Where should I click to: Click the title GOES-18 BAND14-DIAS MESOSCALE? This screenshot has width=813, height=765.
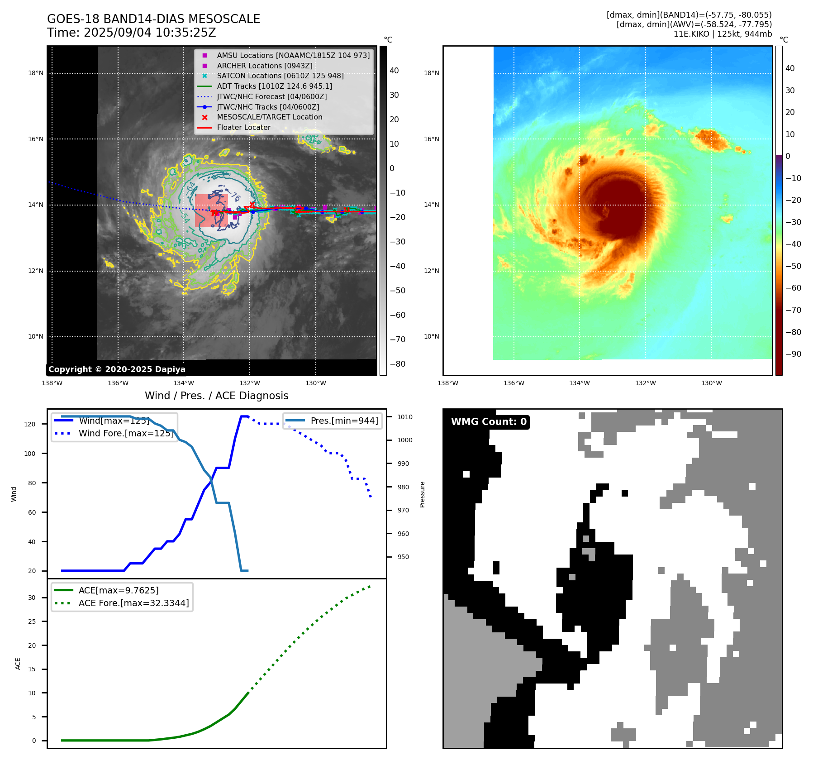(x=153, y=19)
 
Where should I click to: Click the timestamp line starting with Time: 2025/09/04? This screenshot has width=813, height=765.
(x=131, y=33)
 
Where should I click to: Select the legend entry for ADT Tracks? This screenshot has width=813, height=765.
(x=274, y=86)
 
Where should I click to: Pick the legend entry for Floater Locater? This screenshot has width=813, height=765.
(x=243, y=128)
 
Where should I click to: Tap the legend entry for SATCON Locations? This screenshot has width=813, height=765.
(x=280, y=76)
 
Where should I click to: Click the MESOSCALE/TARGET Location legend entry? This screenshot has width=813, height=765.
(x=269, y=117)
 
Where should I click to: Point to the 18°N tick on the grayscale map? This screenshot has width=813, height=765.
(x=36, y=73)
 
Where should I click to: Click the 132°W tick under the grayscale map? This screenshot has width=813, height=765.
(x=250, y=383)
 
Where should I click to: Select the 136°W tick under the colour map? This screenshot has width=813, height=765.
(x=514, y=383)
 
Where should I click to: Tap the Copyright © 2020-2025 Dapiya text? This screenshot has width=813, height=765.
(x=117, y=369)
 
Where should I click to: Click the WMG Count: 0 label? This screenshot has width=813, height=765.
(x=489, y=422)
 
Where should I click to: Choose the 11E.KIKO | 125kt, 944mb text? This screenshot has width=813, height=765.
(x=723, y=34)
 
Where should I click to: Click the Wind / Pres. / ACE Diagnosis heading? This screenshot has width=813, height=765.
(x=216, y=396)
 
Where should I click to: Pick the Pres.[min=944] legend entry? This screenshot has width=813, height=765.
(x=344, y=421)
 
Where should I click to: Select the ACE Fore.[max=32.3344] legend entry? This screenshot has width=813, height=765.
(x=133, y=603)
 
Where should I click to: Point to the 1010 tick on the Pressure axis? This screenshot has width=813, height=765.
(x=405, y=417)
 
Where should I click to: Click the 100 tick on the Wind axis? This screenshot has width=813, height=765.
(x=29, y=454)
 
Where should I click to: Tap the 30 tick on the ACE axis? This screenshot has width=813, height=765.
(x=32, y=598)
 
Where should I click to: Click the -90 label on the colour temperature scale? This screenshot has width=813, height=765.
(x=793, y=354)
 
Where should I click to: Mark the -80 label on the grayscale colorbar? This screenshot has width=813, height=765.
(x=398, y=364)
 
